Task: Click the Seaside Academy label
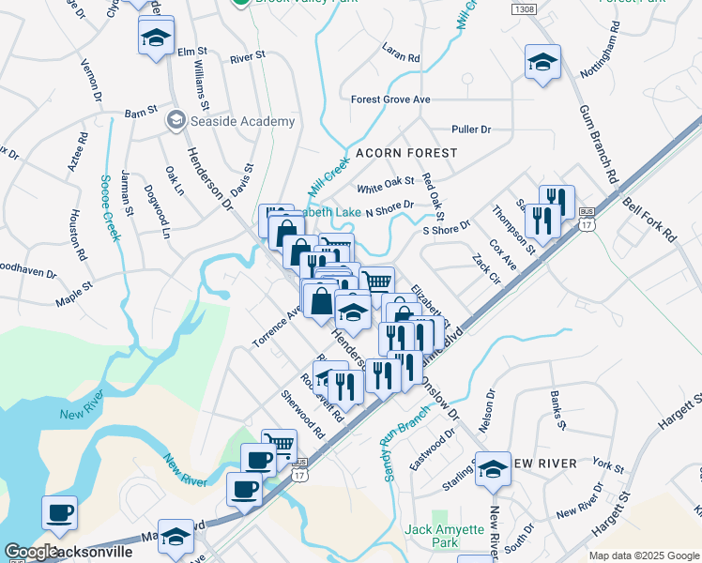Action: tap(230, 121)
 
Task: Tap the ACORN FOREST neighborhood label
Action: tap(406, 152)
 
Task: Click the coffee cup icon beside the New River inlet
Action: tap(60, 513)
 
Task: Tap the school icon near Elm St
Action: tap(156, 38)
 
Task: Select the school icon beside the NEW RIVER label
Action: tap(493, 469)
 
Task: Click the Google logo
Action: tap(32, 553)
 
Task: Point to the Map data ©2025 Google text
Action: tap(643, 555)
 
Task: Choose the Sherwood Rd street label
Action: tap(302, 413)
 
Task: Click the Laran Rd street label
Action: tap(401, 53)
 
